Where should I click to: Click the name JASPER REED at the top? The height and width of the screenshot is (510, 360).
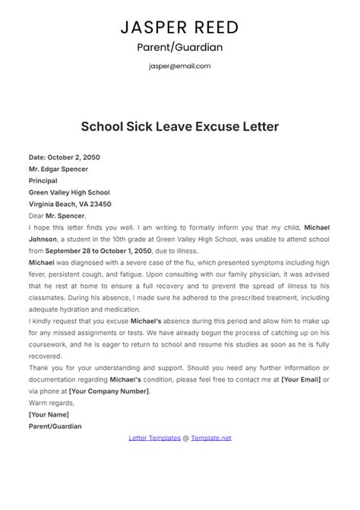tap(180, 27)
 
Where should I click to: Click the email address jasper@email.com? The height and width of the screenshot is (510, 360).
tap(180, 66)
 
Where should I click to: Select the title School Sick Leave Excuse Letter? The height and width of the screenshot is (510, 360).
tap(180, 125)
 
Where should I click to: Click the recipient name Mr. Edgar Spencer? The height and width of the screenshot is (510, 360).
tap(58, 169)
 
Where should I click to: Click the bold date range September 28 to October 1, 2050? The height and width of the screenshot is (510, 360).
tap(99, 250)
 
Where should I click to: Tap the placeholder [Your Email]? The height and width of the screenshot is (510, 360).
tap(300, 379)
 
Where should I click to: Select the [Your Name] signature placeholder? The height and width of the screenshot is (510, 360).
tap(49, 414)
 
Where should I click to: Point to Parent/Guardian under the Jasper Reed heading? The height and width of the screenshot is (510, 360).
tap(180, 47)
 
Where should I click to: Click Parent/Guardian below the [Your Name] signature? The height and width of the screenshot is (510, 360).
tap(55, 426)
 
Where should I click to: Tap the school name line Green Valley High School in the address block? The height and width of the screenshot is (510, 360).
tap(69, 192)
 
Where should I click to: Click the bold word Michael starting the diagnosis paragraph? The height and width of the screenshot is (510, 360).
tap(43, 262)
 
